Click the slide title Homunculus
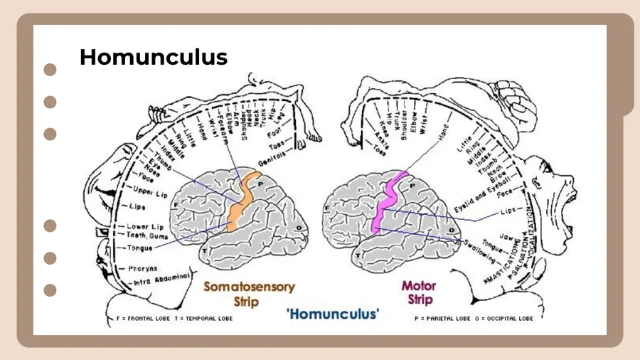(x=154, y=57)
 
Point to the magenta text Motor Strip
(x=419, y=292)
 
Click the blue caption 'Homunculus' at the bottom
(x=333, y=313)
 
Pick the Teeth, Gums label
(x=147, y=235)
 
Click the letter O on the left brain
(x=298, y=228)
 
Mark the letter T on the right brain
(x=359, y=253)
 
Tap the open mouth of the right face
(x=568, y=206)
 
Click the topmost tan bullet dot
(x=50, y=70)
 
